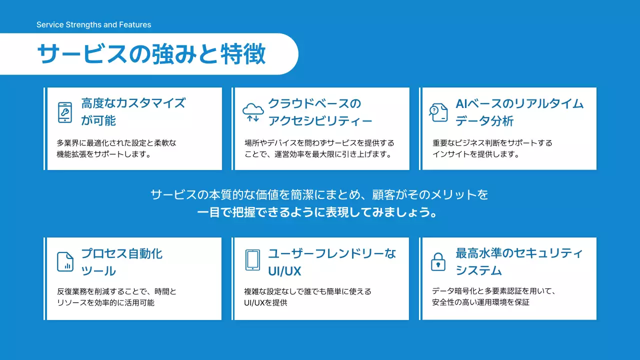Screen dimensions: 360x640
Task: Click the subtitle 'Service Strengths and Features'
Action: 93,24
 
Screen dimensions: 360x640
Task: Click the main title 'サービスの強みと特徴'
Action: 151,54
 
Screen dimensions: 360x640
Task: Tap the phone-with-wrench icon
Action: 64,112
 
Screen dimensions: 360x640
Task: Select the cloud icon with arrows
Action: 252,112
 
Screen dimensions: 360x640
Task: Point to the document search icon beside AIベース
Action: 438,112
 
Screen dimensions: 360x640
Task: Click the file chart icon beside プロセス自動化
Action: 65,261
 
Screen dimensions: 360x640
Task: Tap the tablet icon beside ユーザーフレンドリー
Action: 252,260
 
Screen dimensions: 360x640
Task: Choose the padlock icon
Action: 438,261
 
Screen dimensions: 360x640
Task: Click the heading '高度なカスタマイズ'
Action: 133,103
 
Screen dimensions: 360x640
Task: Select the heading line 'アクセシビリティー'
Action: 320,121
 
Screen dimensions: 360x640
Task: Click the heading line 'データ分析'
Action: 484,121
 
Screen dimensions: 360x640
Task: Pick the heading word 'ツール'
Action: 98,271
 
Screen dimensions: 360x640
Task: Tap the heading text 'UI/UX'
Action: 284,271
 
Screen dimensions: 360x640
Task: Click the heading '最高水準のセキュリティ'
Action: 519,253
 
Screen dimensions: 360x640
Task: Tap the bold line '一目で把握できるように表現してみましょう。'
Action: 319,212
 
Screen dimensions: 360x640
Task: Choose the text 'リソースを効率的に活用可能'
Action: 106,303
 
